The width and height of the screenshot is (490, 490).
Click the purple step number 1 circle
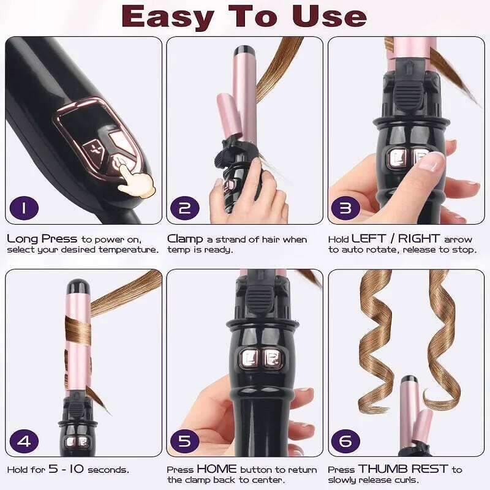click(x=23, y=208)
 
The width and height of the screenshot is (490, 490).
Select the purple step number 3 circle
click(x=345, y=208)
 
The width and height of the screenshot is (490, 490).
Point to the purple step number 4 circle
click(x=23, y=440)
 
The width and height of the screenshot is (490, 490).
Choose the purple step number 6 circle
click(x=345, y=440)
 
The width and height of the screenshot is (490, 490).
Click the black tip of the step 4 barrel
click(x=78, y=285)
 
